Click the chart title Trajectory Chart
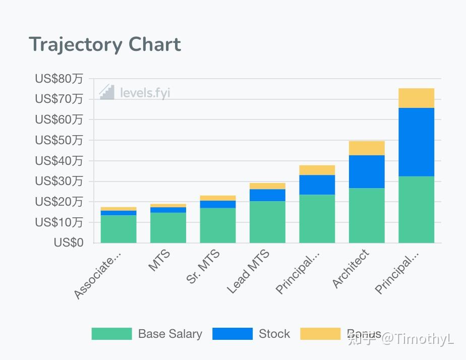coord(105,45)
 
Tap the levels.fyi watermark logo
coord(134,92)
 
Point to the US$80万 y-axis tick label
coord(59,79)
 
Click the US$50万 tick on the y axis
coord(59,140)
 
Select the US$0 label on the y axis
coord(68,243)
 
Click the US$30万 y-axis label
coord(59,181)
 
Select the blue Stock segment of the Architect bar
coord(367,171)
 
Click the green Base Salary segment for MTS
coord(168,227)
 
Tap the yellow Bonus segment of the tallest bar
coord(416,98)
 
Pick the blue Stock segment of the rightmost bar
coord(416,142)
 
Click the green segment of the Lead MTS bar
coord(267,222)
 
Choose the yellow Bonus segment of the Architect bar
coord(367,148)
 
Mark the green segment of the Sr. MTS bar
coord(217,225)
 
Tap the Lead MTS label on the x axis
coord(248,271)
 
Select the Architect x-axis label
coord(351,269)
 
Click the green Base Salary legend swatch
coord(111,334)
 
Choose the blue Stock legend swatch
coord(232,334)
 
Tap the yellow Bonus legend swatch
coord(320,334)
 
